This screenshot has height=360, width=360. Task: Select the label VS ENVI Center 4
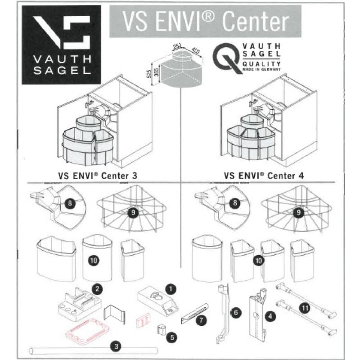coord(264,175)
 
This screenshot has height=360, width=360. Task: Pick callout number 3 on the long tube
coord(116,346)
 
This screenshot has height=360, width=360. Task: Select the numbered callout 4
coord(270,316)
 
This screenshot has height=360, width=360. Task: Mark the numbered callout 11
coord(306,308)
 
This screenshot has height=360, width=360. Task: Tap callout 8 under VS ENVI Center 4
coord(234,203)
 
